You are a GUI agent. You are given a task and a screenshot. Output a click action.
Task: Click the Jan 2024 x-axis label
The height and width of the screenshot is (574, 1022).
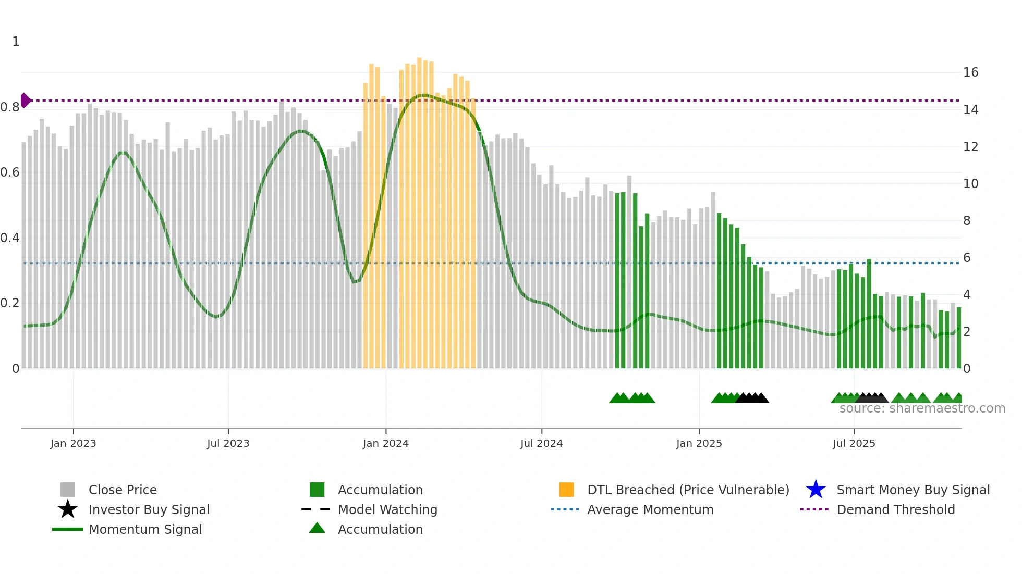click(385, 443)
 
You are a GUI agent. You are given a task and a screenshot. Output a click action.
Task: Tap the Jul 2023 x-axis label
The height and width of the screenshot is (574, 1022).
click(228, 443)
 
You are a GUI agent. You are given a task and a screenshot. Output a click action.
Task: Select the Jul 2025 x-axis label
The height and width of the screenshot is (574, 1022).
click(854, 443)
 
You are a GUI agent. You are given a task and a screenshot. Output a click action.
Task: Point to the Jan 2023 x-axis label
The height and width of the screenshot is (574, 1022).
click(73, 443)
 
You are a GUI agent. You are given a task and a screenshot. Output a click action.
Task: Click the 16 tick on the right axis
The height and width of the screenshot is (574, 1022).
click(970, 72)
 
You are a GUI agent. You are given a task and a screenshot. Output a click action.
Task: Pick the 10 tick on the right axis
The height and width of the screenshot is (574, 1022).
click(970, 184)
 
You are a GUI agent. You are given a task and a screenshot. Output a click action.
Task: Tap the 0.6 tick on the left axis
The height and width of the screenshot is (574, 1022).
click(10, 172)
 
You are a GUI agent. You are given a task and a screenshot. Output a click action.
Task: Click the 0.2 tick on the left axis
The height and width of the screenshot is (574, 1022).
click(10, 303)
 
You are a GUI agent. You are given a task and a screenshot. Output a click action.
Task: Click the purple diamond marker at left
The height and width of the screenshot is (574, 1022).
click(25, 101)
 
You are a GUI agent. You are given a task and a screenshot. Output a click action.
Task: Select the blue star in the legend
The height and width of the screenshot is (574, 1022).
click(816, 490)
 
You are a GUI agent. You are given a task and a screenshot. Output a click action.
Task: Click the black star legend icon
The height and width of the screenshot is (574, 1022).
click(68, 509)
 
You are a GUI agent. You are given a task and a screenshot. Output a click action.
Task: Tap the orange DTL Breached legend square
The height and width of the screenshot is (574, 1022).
click(566, 490)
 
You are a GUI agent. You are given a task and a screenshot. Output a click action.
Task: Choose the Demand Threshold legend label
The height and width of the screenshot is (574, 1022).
click(895, 509)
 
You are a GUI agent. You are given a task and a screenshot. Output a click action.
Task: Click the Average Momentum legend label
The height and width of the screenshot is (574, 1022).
click(650, 509)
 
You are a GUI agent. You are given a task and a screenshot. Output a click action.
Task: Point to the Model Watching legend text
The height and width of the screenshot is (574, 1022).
click(387, 509)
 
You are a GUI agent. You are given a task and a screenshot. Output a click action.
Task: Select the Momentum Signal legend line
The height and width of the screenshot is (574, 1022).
click(68, 529)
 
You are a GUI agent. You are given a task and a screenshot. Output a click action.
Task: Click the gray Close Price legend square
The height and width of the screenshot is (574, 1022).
click(68, 490)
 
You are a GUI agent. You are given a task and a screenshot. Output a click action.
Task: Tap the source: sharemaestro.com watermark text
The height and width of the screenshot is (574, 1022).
click(922, 408)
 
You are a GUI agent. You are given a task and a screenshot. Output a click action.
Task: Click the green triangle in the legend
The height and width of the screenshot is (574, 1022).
click(317, 529)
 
